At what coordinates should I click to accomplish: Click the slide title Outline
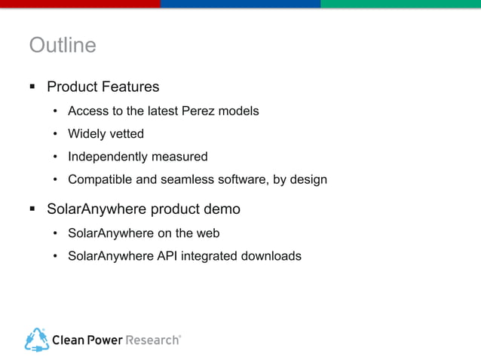pyautogui.click(x=63, y=46)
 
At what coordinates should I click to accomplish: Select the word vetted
pyautogui.click(x=126, y=134)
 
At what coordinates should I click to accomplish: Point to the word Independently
pyautogui.click(x=109, y=157)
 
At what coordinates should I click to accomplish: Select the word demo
pyautogui.click(x=223, y=208)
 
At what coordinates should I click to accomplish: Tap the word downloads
pyautogui.click(x=271, y=256)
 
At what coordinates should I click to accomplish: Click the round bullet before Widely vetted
pyautogui.click(x=55, y=135)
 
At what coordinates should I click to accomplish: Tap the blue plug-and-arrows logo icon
pyautogui.click(x=36, y=339)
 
